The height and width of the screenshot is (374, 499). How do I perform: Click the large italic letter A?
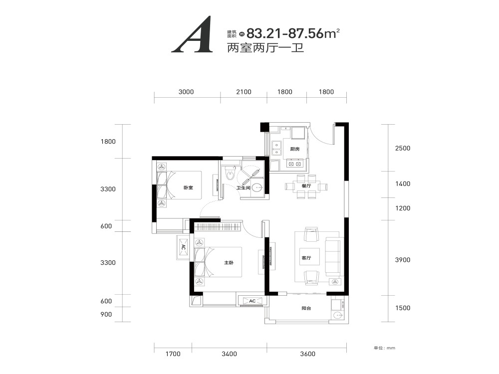point(192,34)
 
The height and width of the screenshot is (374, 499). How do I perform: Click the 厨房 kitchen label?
point(295,149)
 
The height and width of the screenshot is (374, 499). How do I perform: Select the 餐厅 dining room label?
point(306,186)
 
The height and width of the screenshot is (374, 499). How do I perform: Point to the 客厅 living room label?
point(306,258)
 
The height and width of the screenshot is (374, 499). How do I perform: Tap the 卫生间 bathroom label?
point(243,188)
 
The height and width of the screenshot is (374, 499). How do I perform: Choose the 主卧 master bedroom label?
point(229,263)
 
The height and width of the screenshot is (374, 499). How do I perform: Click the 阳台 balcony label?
point(306,308)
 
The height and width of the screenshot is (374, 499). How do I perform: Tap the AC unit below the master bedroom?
point(252,301)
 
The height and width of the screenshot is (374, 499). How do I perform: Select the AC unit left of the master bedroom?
point(184,247)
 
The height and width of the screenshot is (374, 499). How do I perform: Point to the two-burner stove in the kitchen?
point(294,164)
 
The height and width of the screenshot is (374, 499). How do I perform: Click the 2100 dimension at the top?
point(244,92)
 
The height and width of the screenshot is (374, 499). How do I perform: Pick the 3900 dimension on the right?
point(403,260)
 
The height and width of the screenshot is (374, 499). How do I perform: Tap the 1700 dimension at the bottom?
point(173,354)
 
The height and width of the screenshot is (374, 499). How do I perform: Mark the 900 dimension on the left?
point(106,315)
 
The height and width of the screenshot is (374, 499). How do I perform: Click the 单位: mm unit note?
point(384,348)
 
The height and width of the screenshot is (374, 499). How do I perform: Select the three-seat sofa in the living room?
point(333,258)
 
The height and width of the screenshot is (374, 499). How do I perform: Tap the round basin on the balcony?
point(337,316)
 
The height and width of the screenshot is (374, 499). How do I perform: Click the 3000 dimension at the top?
point(186,92)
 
